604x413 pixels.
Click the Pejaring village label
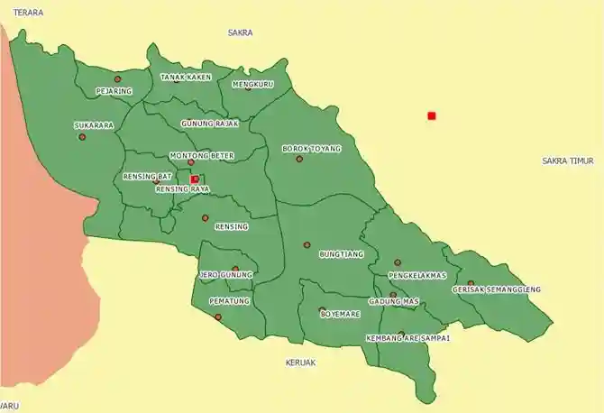(114, 91)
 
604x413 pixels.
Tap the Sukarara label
(93, 126)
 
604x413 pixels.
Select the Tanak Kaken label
(186, 78)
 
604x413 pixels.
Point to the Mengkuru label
(252, 84)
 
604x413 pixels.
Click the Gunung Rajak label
(209, 124)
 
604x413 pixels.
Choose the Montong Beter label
(202, 156)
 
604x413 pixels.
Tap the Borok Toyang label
(312, 148)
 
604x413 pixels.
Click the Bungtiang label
(342, 254)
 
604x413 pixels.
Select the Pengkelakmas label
(417, 275)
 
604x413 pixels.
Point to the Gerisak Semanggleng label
(497, 289)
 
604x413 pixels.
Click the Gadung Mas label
(394, 301)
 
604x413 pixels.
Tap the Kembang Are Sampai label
(407, 338)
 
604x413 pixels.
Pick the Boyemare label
(340, 314)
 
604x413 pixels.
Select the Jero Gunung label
(226, 275)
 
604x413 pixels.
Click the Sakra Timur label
(568, 161)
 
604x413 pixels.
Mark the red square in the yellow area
(432, 115)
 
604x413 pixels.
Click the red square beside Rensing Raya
(195, 179)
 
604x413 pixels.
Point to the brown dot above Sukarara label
(82, 137)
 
